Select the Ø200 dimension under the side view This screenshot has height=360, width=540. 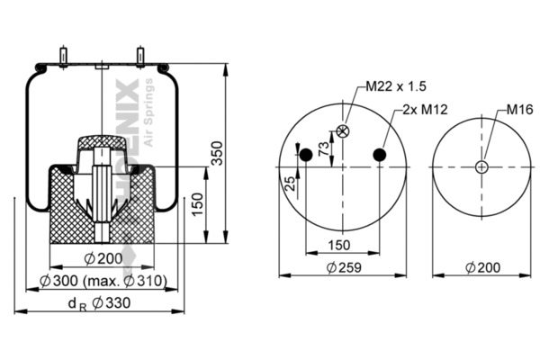[x=102, y=259]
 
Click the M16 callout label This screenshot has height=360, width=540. [x=518, y=109]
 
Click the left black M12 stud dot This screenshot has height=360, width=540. [x=306, y=155]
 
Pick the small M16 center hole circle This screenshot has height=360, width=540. [x=481, y=167]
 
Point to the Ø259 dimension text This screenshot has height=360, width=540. [x=342, y=266]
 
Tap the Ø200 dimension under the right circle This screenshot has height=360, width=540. [x=482, y=266]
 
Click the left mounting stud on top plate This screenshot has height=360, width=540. [x=63, y=56]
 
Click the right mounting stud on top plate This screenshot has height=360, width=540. [x=141, y=56]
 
